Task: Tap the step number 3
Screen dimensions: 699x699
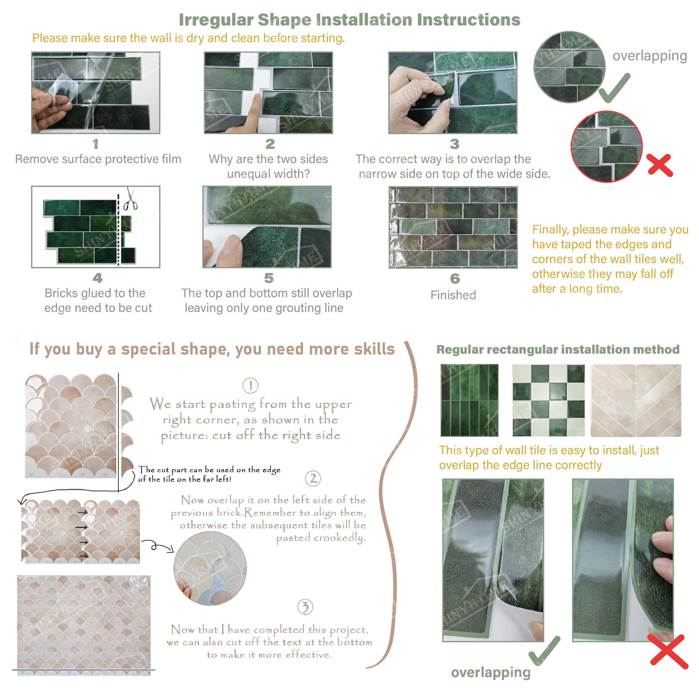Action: click(x=455, y=144)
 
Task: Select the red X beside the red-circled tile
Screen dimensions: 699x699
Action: click(x=660, y=165)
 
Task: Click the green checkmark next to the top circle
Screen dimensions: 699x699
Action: click(x=614, y=88)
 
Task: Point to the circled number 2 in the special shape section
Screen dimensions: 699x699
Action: click(x=313, y=479)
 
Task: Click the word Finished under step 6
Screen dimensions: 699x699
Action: click(x=453, y=295)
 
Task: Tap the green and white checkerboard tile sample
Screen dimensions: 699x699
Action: click(x=548, y=400)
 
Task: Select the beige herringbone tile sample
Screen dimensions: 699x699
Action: click(x=636, y=400)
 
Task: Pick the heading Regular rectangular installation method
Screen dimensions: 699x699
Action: click(x=558, y=349)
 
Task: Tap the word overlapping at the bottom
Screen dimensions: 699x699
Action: click(x=490, y=673)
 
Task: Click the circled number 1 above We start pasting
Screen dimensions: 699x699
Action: click(x=250, y=386)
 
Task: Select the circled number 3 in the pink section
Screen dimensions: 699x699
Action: click(x=305, y=607)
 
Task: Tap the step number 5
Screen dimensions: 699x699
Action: click(x=268, y=278)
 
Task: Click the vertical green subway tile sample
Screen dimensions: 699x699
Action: click(x=469, y=400)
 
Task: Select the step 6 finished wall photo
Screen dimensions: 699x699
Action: click(x=453, y=227)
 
